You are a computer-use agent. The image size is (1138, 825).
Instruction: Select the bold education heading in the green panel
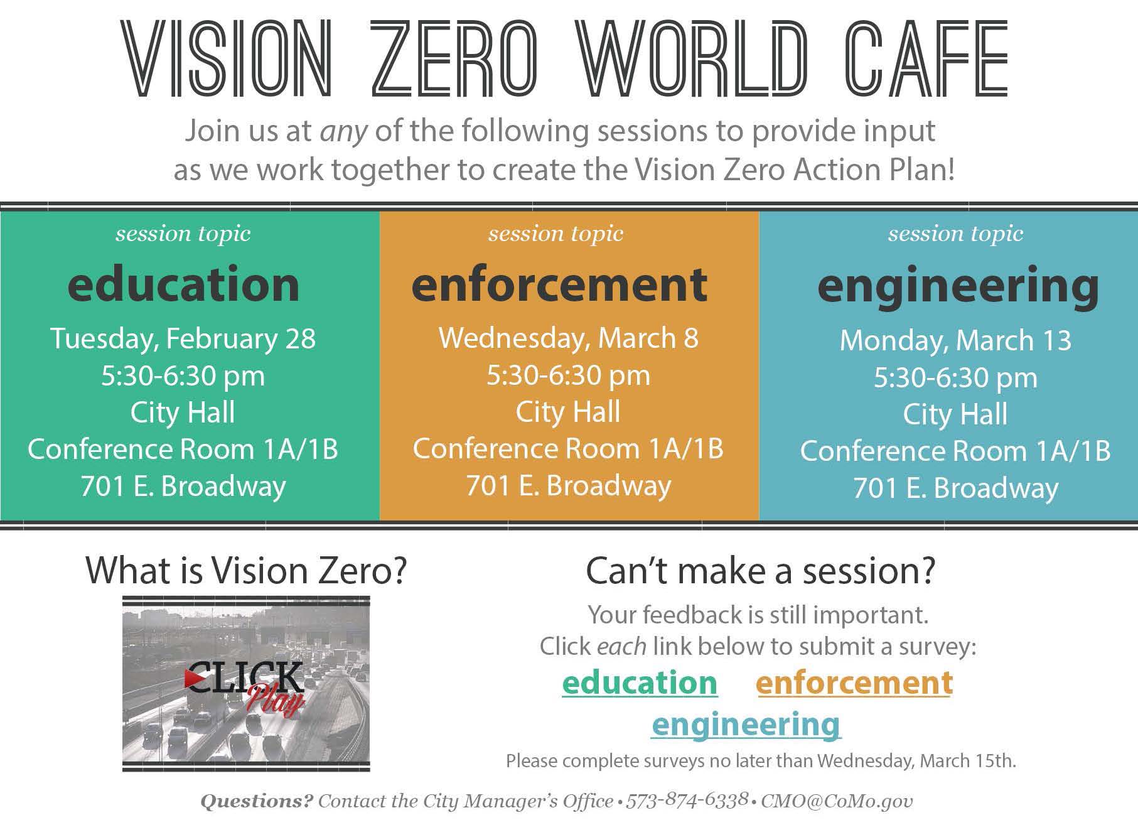[183, 284]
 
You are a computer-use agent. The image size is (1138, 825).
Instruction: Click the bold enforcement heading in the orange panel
[559, 284]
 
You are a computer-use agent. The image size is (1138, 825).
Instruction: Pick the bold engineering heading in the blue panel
[958, 286]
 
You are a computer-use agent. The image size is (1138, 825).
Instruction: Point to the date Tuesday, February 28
[183, 338]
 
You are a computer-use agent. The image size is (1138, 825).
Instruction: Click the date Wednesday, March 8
[568, 338]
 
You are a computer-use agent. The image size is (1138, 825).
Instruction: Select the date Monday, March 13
[955, 340]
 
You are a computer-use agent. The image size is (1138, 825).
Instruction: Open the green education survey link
[640, 682]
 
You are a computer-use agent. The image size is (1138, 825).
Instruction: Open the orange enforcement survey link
[854, 682]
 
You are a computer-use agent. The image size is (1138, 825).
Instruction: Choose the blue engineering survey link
[746, 724]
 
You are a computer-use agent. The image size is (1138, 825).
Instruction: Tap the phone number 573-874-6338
[687, 801]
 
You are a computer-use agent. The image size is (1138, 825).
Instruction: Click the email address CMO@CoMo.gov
[837, 801]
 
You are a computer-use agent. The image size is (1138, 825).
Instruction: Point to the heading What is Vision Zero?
[246, 570]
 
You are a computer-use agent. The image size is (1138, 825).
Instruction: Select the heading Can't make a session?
[760, 570]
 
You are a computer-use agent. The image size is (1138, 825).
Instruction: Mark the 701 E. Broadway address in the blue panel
[955, 488]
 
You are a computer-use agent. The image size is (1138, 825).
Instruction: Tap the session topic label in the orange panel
[556, 234]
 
